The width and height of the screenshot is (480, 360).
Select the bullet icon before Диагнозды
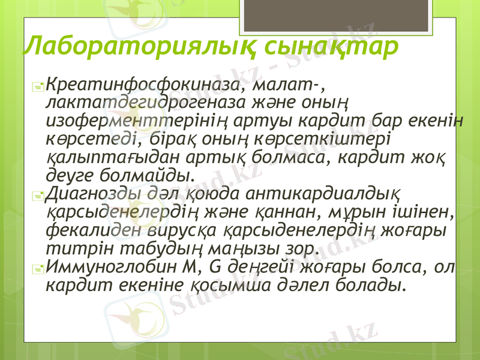pyautogui.click(x=39, y=196)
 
